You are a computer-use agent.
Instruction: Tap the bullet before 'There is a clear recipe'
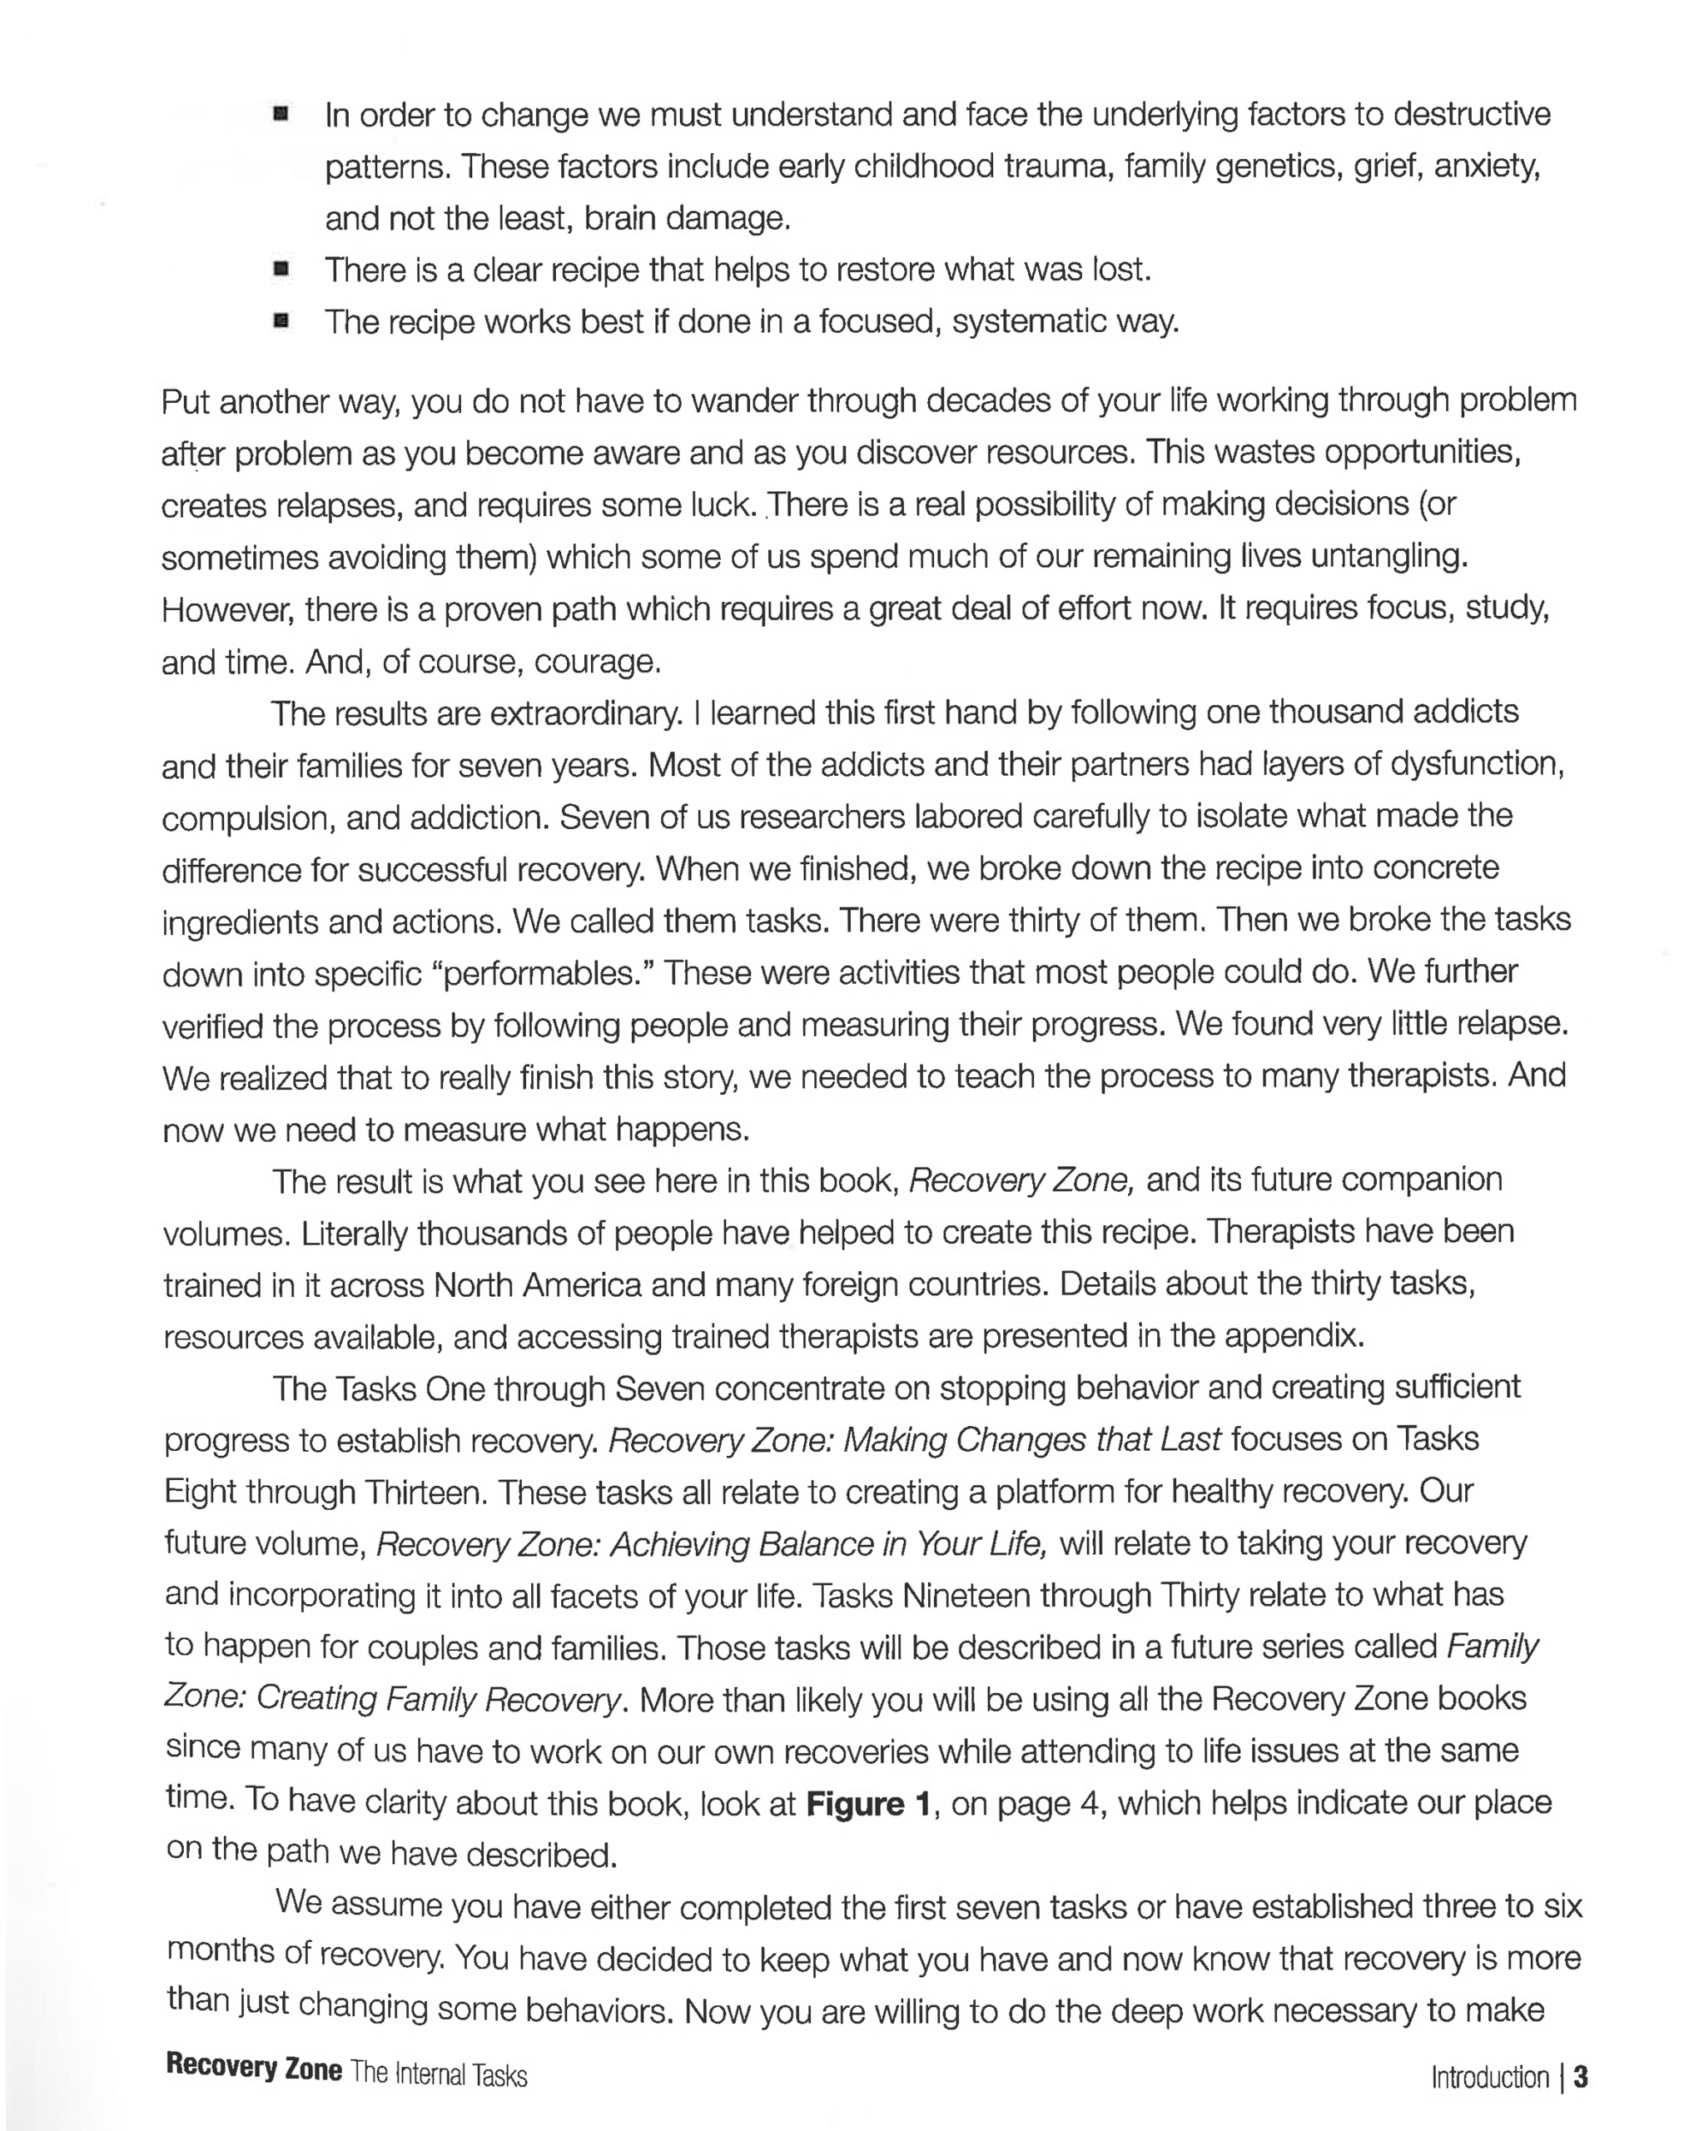pyautogui.click(x=281, y=268)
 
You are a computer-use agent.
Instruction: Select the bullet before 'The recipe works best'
pyautogui.click(x=281, y=320)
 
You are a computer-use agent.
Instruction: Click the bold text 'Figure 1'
pyautogui.click(x=868, y=1804)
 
